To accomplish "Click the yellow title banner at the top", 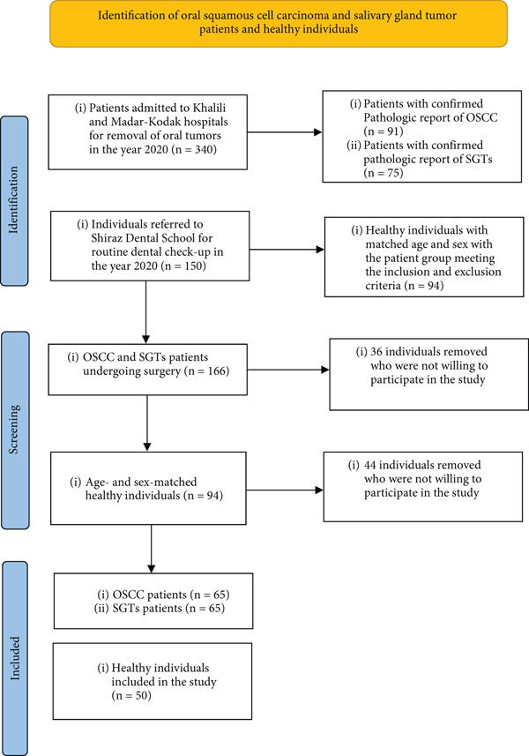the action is coord(279,24).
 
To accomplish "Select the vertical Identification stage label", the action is coord(13,200).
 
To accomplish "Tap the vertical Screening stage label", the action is coord(14,430).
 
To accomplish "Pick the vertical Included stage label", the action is coord(15,658).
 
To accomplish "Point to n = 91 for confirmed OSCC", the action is coord(383,131).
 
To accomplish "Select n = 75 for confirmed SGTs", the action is coord(383,173).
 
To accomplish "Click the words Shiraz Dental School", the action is coord(152,238).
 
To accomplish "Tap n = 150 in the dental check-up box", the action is coord(183,266).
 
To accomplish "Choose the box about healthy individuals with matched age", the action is coord(424,257).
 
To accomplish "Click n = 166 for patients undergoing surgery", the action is coord(206,371).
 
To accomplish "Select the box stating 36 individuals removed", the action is coord(428,374).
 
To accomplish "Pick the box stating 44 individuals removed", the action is coord(423,487).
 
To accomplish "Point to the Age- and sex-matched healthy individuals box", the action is coord(148,489).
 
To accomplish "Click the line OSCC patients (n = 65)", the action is coord(164,595).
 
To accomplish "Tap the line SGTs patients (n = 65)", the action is coord(160,609).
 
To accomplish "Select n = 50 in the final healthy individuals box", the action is coord(131,696).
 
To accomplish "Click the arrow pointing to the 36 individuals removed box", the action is coord(288,370).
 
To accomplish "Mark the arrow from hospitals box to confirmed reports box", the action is coord(285,132).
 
